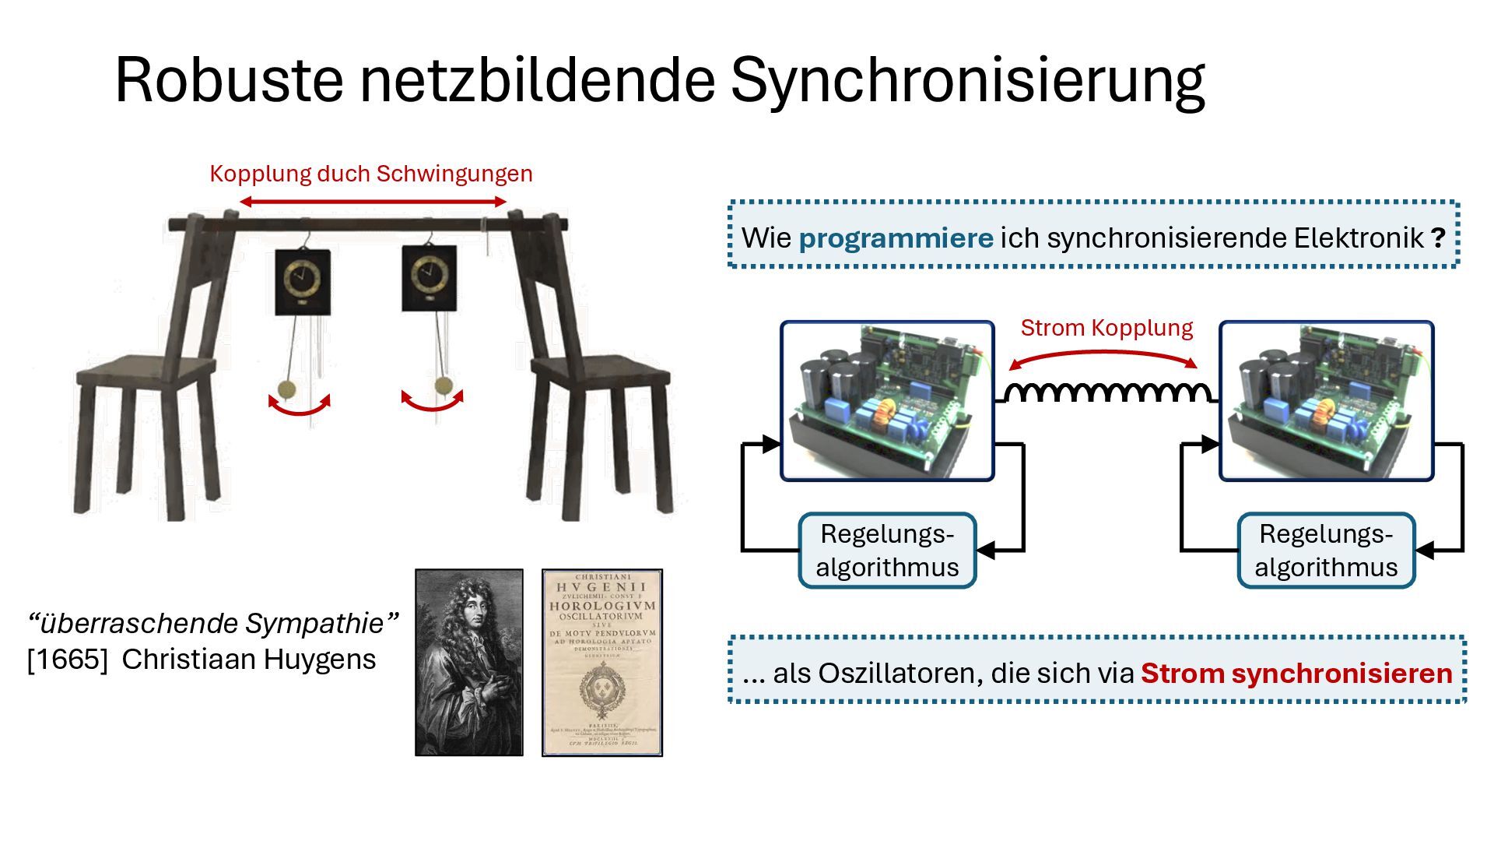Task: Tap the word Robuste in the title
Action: click(x=229, y=81)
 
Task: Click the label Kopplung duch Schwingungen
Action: click(x=371, y=174)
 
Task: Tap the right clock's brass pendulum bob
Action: click(x=443, y=385)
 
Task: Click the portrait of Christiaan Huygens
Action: click(x=469, y=662)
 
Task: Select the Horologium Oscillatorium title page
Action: click(x=602, y=662)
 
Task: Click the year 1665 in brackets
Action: click(x=68, y=660)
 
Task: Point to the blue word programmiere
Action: click(x=896, y=238)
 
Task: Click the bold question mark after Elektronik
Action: click(x=1437, y=238)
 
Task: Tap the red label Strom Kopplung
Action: click(x=1106, y=328)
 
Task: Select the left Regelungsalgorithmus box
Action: click(x=887, y=551)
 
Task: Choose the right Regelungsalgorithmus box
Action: click(x=1326, y=551)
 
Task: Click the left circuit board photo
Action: click(x=887, y=401)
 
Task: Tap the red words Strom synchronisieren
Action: click(x=1296, y=674)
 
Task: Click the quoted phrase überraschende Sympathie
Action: click(x=213, y=624)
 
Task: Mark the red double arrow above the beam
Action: click(x=373, y=202)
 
